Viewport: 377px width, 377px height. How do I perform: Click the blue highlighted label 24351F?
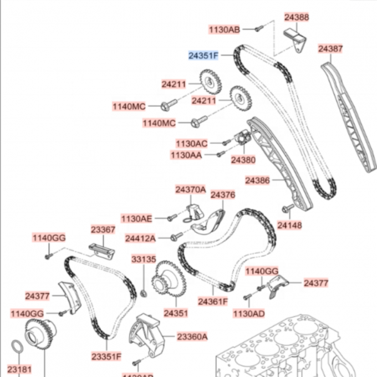tap(203, 55)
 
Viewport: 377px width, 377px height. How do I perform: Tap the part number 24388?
tap(297, 17)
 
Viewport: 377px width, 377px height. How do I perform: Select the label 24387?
tap(330, 49)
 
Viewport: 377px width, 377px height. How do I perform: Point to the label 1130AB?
tap(225, 29)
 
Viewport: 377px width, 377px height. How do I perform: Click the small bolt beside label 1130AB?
tap(258, 28)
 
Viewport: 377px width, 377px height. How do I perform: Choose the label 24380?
tap(243, 160)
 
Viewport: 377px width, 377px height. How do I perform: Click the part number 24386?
tap(257, 181)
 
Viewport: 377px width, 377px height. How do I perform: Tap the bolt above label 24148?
tap(287, 209)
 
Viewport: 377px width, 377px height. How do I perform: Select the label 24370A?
tap(190, 190)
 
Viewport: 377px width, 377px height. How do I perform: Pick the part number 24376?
tap(223, 195)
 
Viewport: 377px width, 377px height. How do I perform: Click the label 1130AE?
tap(136, 219)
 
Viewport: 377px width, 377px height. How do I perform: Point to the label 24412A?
tap(140, 238)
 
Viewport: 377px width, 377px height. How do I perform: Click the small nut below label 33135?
tap(143, 293)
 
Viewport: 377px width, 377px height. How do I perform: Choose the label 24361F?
tap(213, 302)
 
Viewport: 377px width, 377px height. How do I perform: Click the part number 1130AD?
tap(248, 314)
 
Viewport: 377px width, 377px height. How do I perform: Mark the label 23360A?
tap(192, 337)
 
